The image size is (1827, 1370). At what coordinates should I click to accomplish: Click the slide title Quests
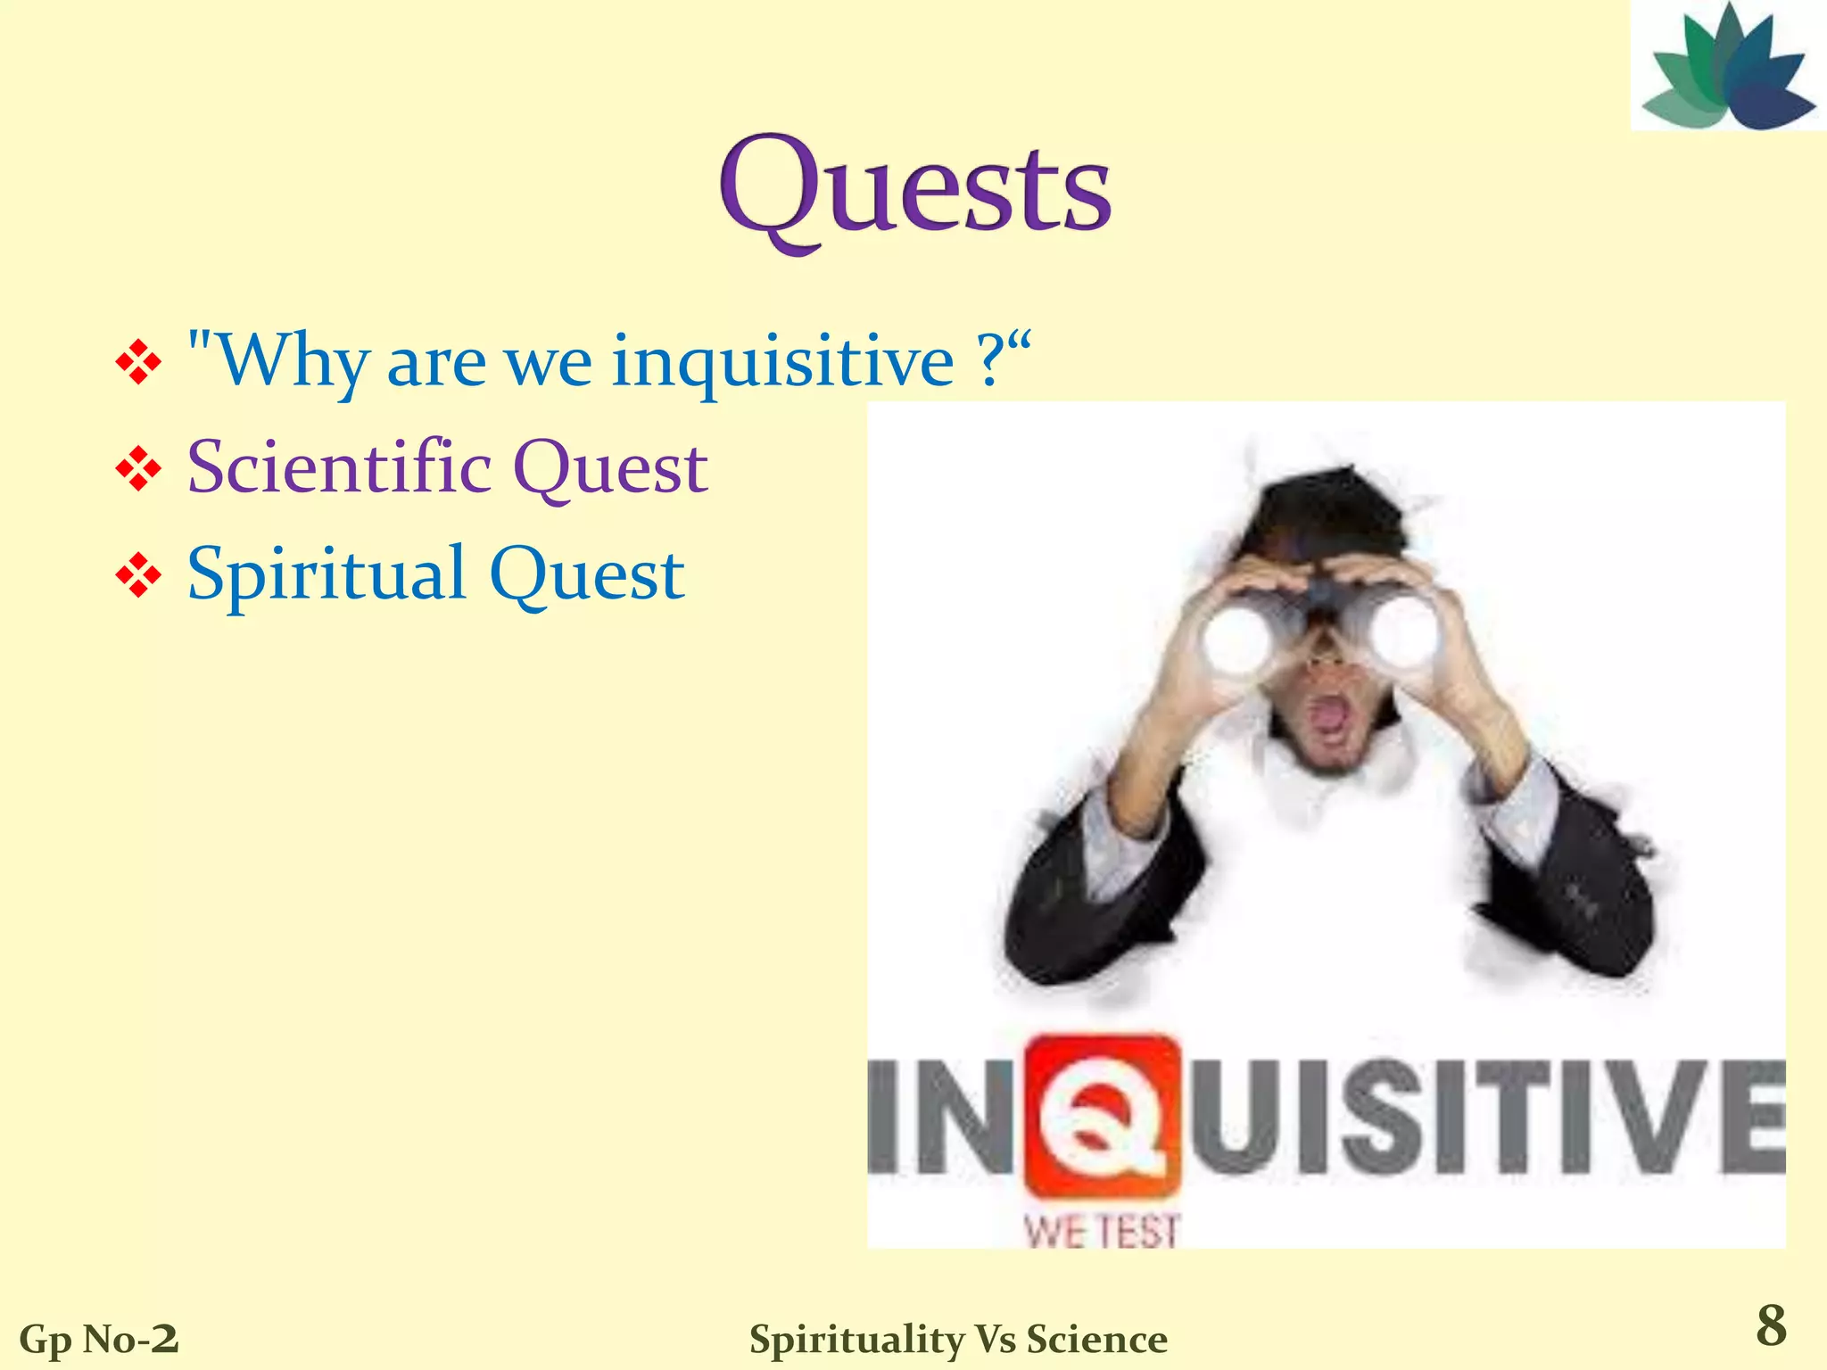pos(915,190)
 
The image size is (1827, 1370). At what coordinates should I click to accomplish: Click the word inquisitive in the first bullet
pos(782,361)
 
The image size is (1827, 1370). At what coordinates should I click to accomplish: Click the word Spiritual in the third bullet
pos(327,574)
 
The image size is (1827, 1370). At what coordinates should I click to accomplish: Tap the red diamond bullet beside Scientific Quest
pos(138,469)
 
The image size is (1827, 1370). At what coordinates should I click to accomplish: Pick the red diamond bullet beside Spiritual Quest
pos(138,576)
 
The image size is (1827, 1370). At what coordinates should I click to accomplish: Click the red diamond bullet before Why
pos(138,364)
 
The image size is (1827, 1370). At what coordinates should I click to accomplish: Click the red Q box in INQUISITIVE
pos(1103,1115)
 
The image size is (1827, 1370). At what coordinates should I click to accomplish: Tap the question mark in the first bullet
pos(989,361)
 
